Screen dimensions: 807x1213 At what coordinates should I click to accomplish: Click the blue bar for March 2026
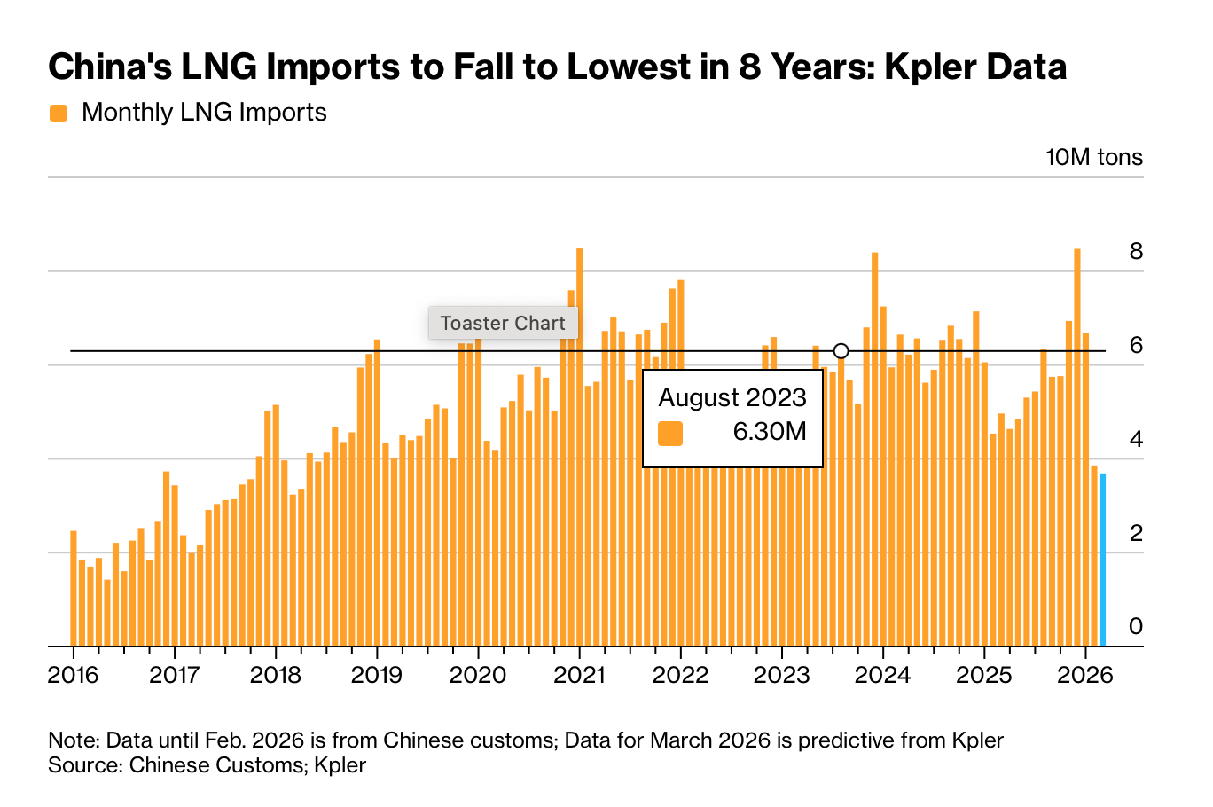click(x=1102, y=560)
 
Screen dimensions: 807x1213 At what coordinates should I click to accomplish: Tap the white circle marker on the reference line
click(x=841, y=351)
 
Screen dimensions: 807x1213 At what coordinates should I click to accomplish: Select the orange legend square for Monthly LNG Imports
click(x=59, y=114)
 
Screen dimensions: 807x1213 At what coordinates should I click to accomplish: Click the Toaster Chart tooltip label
click(x=503, y=323)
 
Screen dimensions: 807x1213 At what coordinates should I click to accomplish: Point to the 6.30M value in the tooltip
click(x=769, y=432)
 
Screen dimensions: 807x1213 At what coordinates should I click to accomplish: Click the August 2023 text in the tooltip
click(x=732, y=397)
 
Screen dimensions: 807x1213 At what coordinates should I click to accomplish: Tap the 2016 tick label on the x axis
click(x=73, y=676)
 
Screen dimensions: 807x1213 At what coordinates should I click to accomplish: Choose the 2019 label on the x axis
click(x=377, y=676)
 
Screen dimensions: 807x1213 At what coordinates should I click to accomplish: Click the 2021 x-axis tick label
click(x=579, y=676)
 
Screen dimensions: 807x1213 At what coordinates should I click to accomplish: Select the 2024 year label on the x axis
click(x=882, y=676)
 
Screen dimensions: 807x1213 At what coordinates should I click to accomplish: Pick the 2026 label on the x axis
click(x=1085, y=676)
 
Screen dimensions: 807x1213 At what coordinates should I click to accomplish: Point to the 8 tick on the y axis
click(x=1135, y=252)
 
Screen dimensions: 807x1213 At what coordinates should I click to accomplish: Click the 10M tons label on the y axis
click(x=1094, y=158)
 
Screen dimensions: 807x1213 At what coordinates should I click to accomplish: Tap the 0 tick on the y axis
click(x=1135, y=626)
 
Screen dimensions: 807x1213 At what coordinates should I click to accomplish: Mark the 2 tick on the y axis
click(x=1135, y=533)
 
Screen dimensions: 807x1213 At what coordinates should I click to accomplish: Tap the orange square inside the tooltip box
click(x=670, y=433)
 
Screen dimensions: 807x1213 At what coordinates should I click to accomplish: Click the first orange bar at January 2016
click(x=74, y=589)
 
